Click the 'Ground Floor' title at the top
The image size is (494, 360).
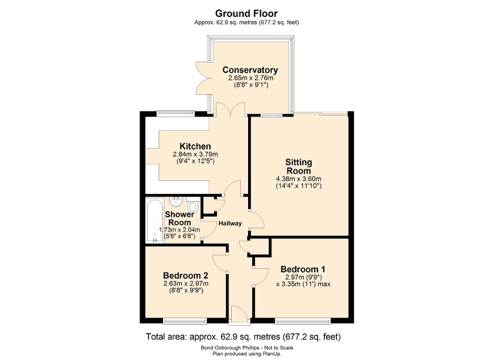coord(247,13)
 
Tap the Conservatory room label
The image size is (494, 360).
coord(250,70)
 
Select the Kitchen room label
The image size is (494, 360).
coord(195,146)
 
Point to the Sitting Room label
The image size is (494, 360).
coord(298,166)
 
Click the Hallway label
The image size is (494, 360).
coord(231,223)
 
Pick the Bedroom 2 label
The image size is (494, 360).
coord(185,275)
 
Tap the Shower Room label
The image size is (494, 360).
coord(179,218)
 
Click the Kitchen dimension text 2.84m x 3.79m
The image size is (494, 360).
coord(195,154)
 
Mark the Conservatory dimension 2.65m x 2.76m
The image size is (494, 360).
coord(250,78)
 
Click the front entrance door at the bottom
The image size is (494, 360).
coord(240,315)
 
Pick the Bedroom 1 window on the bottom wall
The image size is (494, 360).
coord(302,320)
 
